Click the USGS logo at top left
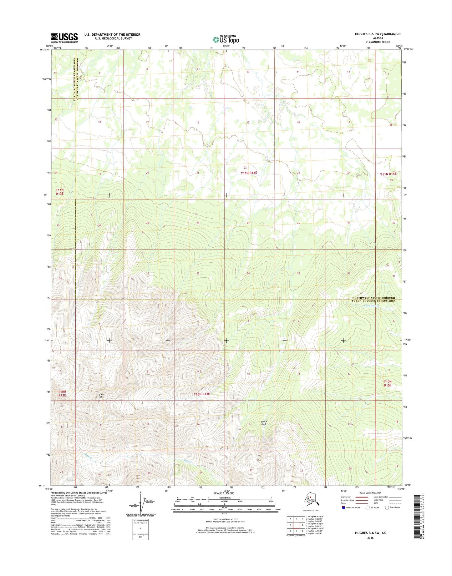click(x=64, y=38)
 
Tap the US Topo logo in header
click(x=226, y=39)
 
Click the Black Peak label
click(x=264, y=423)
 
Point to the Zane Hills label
click(x=101, y=396)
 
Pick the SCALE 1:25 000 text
click(x=224, y=493)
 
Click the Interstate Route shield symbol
click(x=343, y=508)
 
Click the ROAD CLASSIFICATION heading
click(x=370, y=493)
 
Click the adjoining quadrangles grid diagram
click(x=296, y=525)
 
